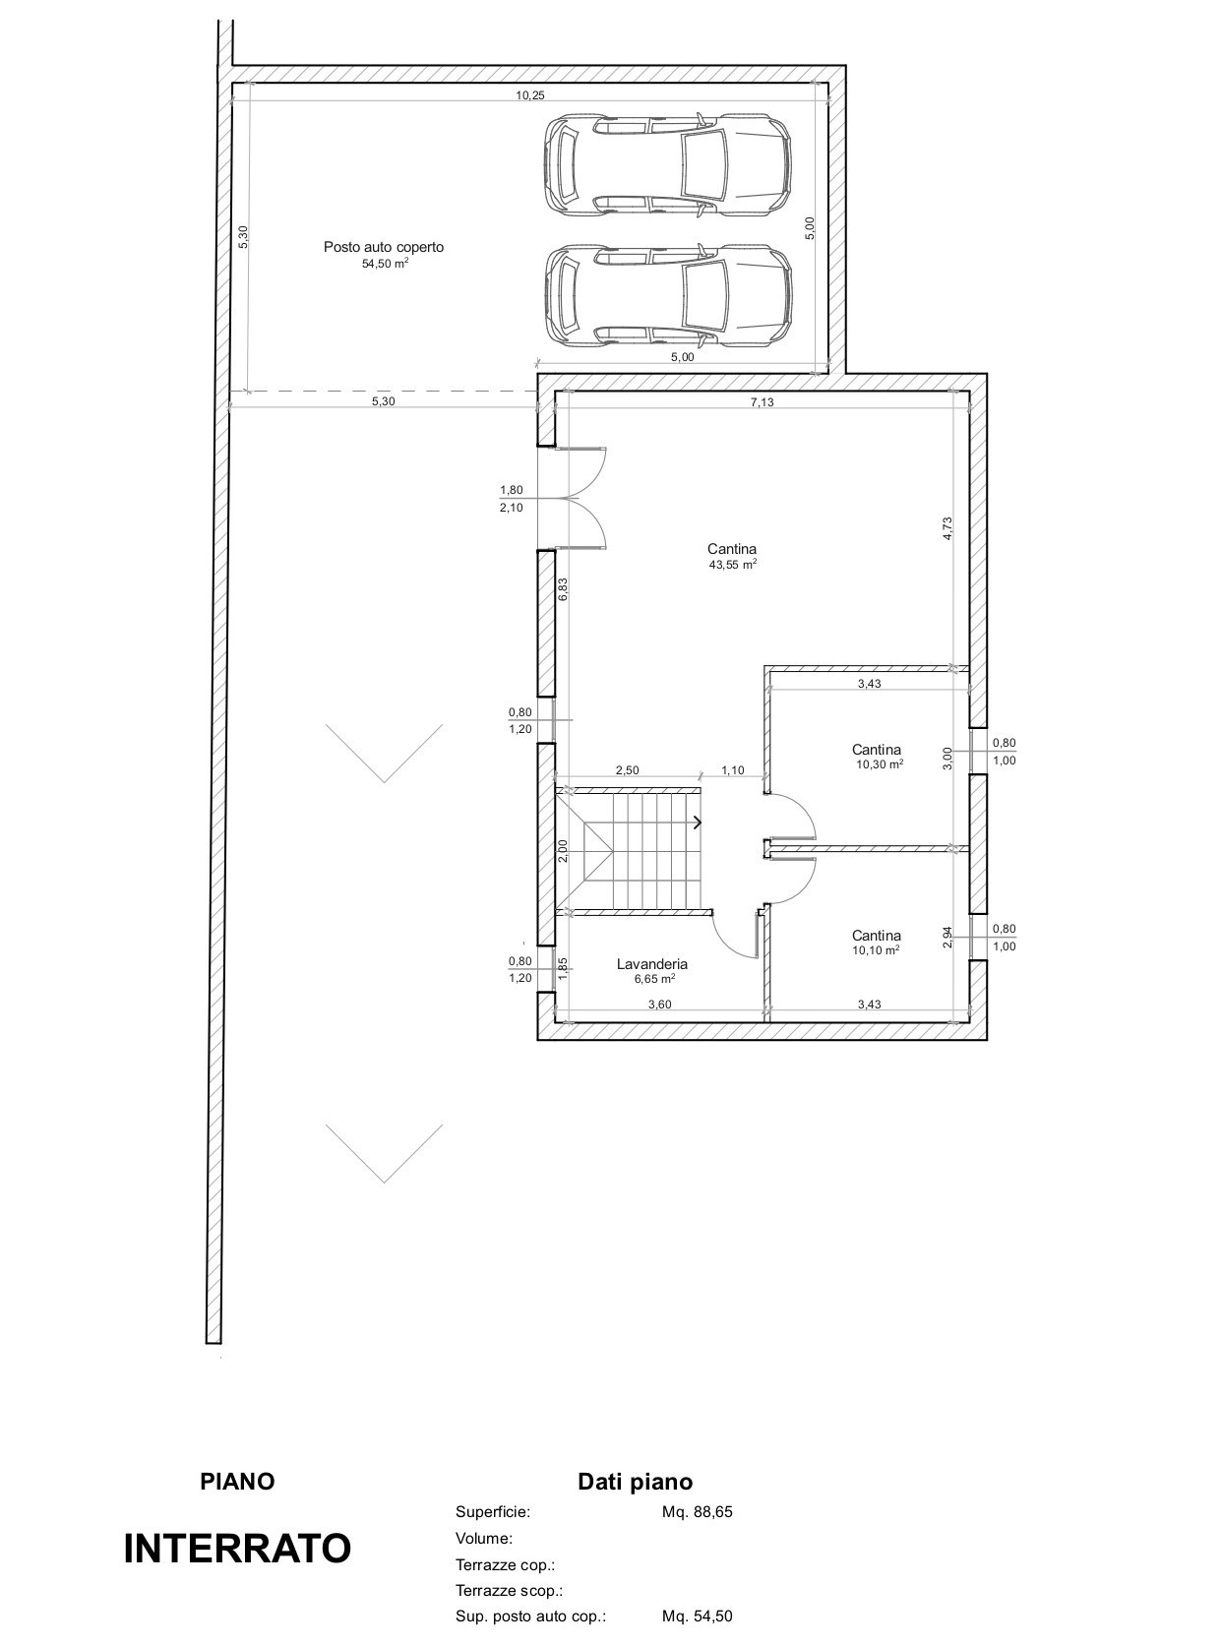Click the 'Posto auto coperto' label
(384, 247)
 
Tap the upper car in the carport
(667, 165)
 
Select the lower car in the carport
(667, 295)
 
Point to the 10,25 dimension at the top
(530, 94)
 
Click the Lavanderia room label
(651, 964)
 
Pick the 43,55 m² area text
(733, 564)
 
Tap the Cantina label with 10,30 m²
(877, 750)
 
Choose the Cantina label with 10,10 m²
(877, 936)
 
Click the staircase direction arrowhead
(698, 822)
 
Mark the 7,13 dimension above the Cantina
(763, 402)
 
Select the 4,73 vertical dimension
(947, 528)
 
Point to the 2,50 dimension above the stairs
(627, 770)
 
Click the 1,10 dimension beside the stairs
(733, 770)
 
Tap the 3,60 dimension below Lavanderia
(660, 1005)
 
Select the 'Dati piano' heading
(636, 1482)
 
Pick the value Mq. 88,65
(697, 1511)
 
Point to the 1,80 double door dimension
(512, 490)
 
